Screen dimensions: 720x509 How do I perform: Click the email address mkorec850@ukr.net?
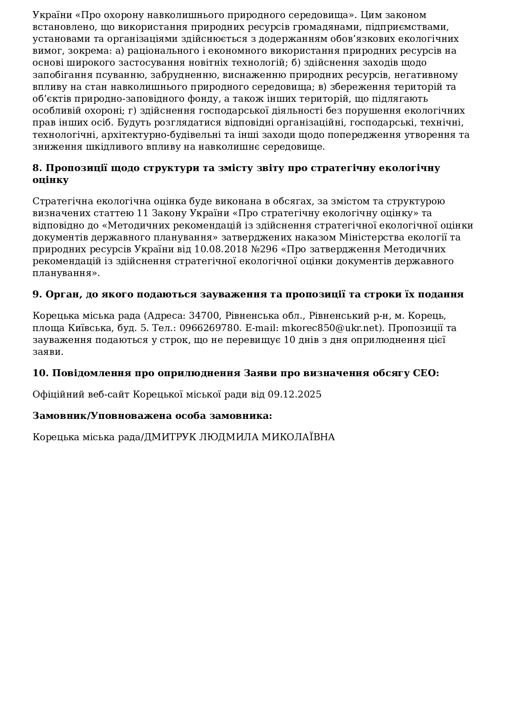click(332, 328)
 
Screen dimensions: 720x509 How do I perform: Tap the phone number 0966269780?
click(210, 328)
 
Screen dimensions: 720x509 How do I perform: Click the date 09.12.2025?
click(294, 395)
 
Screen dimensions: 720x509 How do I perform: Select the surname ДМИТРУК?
click(170, 437)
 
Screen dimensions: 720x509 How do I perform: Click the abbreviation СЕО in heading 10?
click(425, 373)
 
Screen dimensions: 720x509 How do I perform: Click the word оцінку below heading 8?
click(50, 180)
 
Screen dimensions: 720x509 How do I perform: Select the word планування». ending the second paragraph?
click(66, 273)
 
